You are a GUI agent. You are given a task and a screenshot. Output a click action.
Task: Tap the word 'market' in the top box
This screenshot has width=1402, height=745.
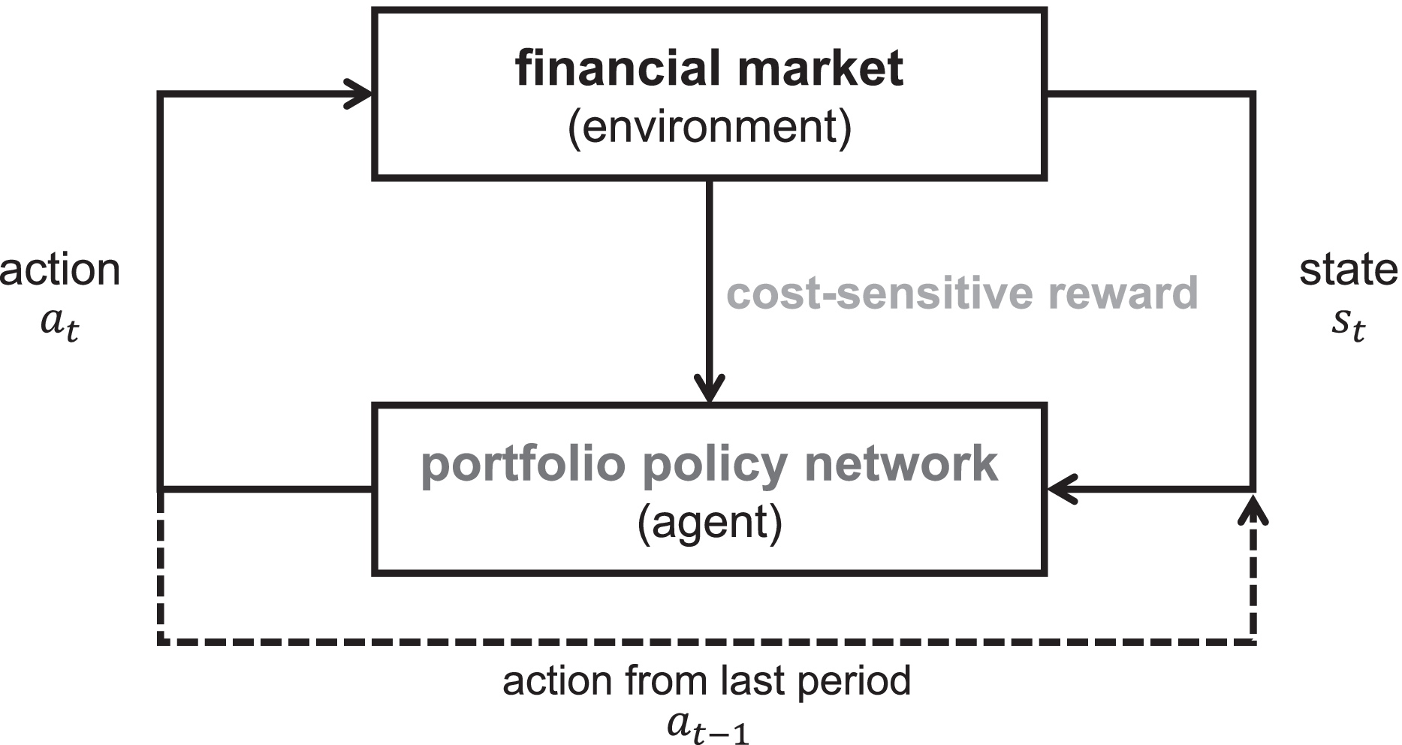(x=821, y=68)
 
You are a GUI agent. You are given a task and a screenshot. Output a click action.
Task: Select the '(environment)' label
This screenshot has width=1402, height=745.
(x=709, y=126)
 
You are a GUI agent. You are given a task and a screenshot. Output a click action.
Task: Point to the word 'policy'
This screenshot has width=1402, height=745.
(x=715, y=464)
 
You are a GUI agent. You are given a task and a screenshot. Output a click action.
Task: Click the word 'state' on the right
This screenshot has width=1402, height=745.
(x=1349, y=270)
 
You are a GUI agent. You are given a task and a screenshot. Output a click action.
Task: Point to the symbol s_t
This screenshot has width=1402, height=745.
(x=1349, y=323)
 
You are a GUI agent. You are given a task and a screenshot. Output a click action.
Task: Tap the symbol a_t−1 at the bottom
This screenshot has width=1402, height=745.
(x=707, y=725)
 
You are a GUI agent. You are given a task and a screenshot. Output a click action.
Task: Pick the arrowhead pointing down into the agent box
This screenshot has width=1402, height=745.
(x=709, y=389)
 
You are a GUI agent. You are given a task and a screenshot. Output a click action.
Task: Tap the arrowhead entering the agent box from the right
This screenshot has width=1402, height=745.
(x=1060, y=490)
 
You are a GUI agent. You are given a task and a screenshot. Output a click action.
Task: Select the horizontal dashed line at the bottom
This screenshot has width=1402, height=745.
(x=706, y=641)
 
